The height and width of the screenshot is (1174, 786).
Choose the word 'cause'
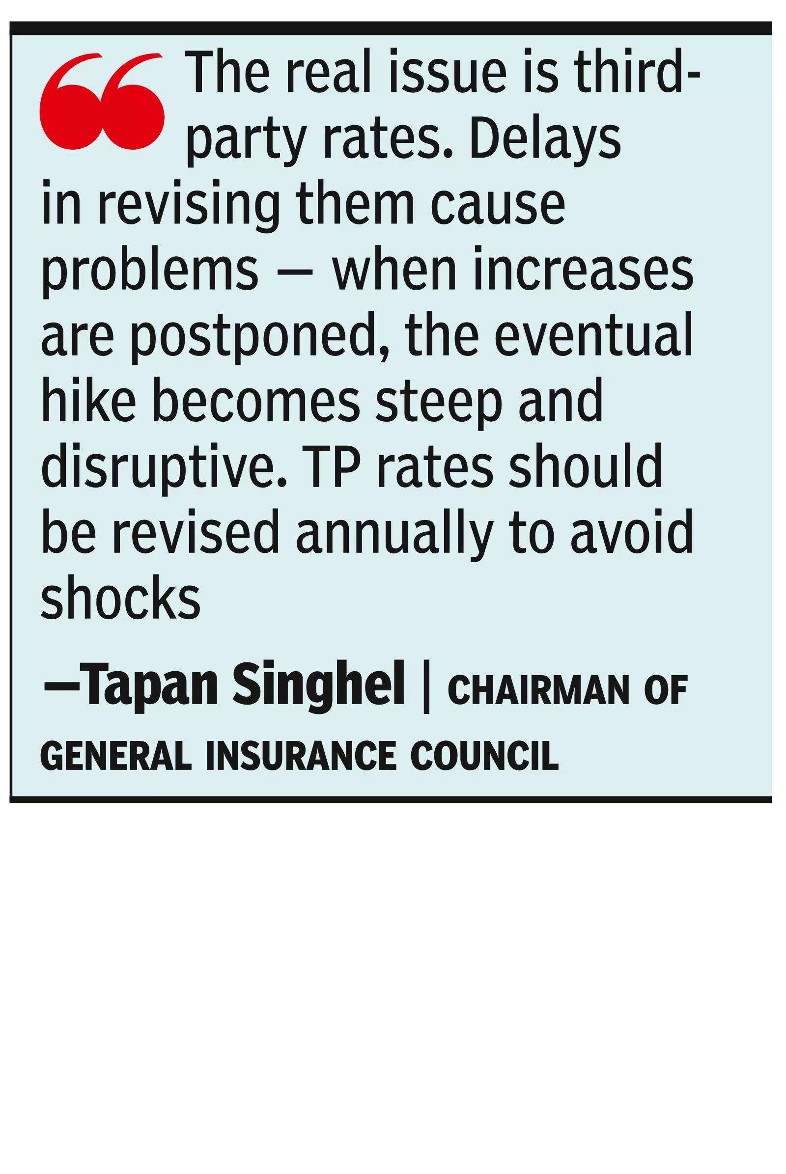(498, 205)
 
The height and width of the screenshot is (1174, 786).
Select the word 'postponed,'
(260, 337)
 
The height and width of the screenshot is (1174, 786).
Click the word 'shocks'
(120, 598)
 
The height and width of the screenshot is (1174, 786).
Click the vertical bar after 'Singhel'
(426, 685)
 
